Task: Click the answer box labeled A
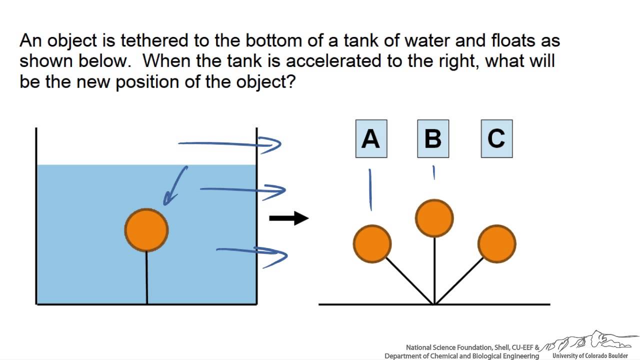(x=371, y=138)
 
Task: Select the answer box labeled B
(x=433, y=138)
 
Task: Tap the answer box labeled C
(x=496, y=138)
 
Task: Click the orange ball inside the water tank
(x=146, y=229)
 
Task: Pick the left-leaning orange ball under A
(x=372, y=243)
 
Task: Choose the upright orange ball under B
(x=434, y=218)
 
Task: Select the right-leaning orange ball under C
(x=497, y=244)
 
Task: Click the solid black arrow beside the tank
(x=289, y=218)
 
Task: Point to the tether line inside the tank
(x=146, y=277)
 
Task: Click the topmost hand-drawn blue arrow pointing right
(x=230, y=144)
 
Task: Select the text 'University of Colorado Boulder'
(x=590, y=355)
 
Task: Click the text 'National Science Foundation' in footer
(x=449, y=347)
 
